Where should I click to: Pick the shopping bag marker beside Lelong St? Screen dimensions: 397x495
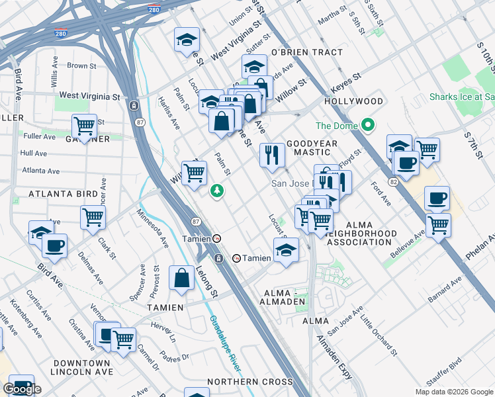(182, 279)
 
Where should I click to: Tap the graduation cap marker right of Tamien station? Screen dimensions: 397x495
(286, 250)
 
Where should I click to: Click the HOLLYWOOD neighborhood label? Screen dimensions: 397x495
(353, 101)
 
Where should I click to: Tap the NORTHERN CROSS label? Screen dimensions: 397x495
(249, 382)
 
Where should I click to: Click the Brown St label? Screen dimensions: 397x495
(81, 66)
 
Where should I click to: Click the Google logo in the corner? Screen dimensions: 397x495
(22, 389)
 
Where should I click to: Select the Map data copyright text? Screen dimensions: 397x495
(453, 392)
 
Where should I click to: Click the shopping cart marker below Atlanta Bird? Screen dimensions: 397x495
(93, 218)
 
